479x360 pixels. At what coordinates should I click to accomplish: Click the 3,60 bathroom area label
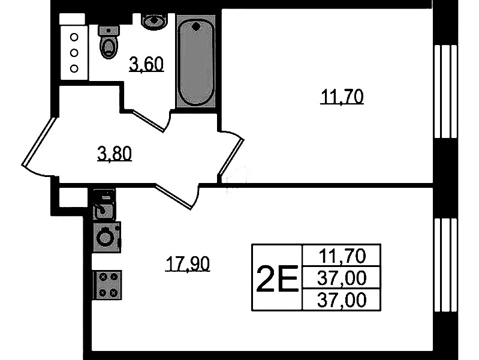[x=147, y=64]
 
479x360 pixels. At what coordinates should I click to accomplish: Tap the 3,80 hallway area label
[x=115, y=154]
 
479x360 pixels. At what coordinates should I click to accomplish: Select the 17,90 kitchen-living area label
[x=188, y=263]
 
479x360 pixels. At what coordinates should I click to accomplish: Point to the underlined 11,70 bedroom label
[x=342, y=97]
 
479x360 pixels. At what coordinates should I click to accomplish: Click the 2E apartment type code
[x=277, y=278]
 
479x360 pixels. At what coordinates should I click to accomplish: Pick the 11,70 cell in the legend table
[x=342, y=256]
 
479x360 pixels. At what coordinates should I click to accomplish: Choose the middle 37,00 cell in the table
[x=342, y=278]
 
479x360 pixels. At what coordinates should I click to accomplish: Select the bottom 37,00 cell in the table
[x=342, y=300]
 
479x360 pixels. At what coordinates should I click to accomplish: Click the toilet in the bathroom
[x=109, y=42]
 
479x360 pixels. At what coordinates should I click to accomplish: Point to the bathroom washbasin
[x=155, y=22]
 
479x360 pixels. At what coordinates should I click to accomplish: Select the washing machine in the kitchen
[x=107, y=237]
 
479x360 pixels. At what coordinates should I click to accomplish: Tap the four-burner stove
[x=107, y=285]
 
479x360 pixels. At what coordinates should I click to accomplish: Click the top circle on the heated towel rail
[x=74, y=37]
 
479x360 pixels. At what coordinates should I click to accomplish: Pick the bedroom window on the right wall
[x=445, y=91]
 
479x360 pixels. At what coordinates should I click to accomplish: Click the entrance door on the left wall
[x=39, y=142]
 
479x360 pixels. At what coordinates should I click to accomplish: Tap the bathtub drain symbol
[x=196, y=27]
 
